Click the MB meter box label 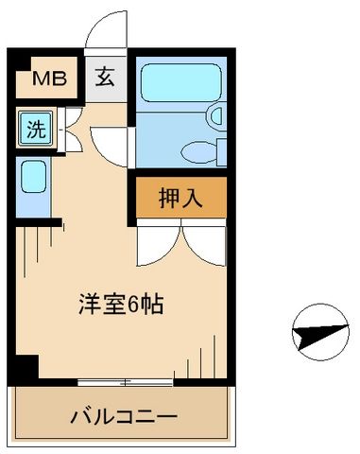point(50,79)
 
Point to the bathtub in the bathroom point(177,82)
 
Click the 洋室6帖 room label point(122,306)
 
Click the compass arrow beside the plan point(316,334)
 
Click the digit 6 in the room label point(134,306)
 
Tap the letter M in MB point(43,79)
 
